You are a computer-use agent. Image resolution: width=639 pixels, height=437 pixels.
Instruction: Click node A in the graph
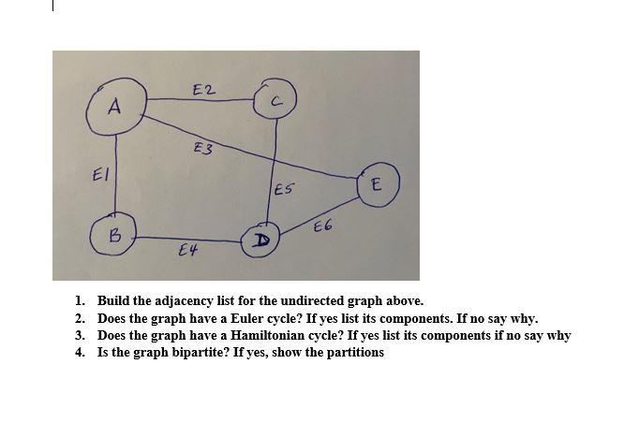115,108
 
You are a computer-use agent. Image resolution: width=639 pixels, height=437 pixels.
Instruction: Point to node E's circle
377,183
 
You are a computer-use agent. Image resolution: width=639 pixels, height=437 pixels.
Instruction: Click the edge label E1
97,175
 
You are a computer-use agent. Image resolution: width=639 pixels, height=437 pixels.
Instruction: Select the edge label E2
203,90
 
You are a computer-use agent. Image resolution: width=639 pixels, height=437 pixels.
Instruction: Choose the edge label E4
187,251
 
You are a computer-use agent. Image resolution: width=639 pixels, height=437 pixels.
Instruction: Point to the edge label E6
322,226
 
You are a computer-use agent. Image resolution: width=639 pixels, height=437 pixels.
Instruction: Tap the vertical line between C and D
271,168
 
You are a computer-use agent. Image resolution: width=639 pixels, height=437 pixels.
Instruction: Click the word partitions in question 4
354,352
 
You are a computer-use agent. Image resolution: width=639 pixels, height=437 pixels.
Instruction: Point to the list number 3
81,335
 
